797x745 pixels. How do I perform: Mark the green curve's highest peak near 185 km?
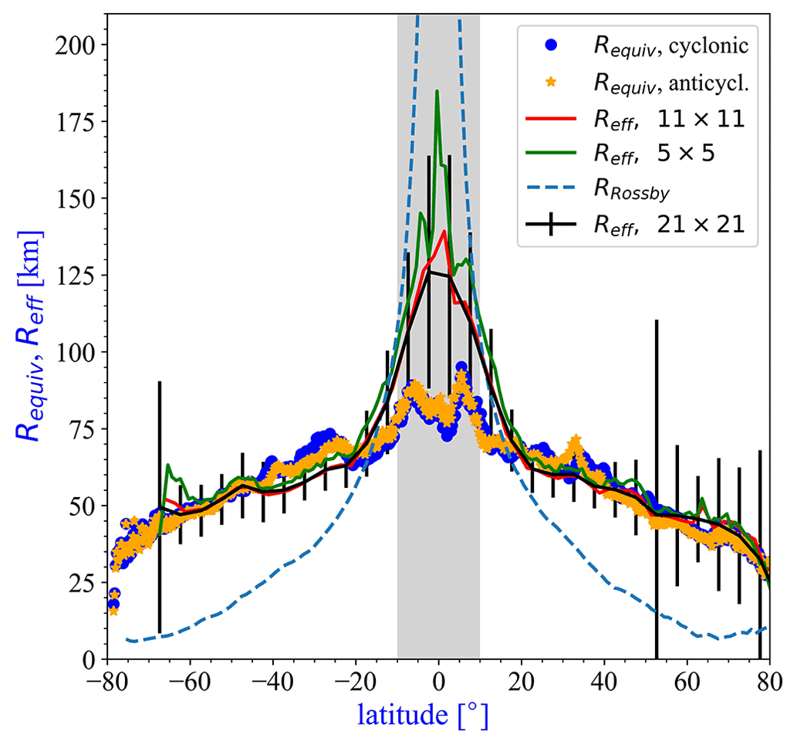pos(437,91)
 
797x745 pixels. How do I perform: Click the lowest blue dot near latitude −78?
pos(113,604)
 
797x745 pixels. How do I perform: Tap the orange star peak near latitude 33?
pos(575,441)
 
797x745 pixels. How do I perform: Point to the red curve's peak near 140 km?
pos(444,231)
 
